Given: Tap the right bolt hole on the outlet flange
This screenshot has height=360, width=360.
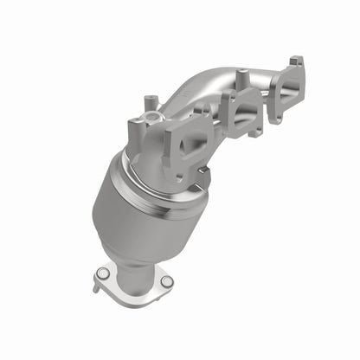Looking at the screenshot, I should point(167,281).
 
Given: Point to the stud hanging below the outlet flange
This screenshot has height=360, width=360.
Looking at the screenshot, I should point(97,288).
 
